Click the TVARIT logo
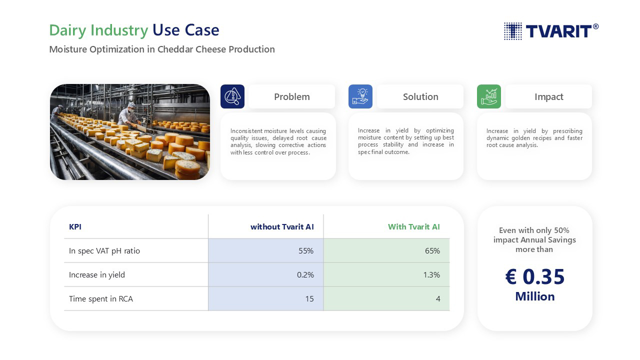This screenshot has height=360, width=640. pos(551,31)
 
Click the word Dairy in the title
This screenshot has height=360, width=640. pos(67,30)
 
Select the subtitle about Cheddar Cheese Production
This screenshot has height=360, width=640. pos(162,49)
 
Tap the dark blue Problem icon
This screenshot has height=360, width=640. pos(232,96)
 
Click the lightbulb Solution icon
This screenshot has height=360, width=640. pos(360,96)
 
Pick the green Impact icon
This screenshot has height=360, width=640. pos(489,96)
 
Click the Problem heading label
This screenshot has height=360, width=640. pos(291,97)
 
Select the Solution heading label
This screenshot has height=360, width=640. pos(420,97)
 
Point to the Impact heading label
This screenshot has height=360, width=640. pos(549,97)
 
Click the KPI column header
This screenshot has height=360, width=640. pos(75,227)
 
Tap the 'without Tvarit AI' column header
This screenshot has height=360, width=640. pos(282,227)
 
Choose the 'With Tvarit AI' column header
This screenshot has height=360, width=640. pos(413,227)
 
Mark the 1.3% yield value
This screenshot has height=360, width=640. pos(431,275)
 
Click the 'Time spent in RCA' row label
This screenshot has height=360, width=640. pos(101,299)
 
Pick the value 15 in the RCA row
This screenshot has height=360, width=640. pos(309,299)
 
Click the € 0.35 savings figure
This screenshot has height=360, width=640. pos(535,276)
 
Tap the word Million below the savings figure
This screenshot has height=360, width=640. pos(535,296)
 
